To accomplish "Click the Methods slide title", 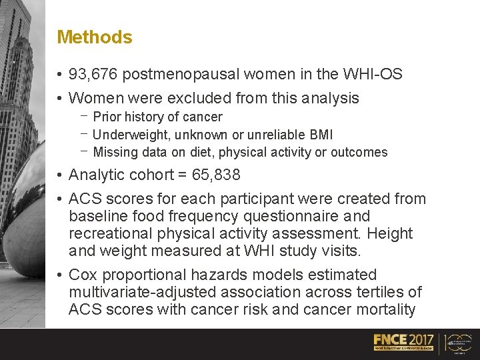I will click(95, 37).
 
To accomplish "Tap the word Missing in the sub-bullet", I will click(115, 152).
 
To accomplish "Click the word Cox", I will click(81, 275).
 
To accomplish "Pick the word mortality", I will click(383, 310).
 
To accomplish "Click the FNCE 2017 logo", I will click(403, 342).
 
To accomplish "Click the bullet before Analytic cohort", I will click(60, 175).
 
